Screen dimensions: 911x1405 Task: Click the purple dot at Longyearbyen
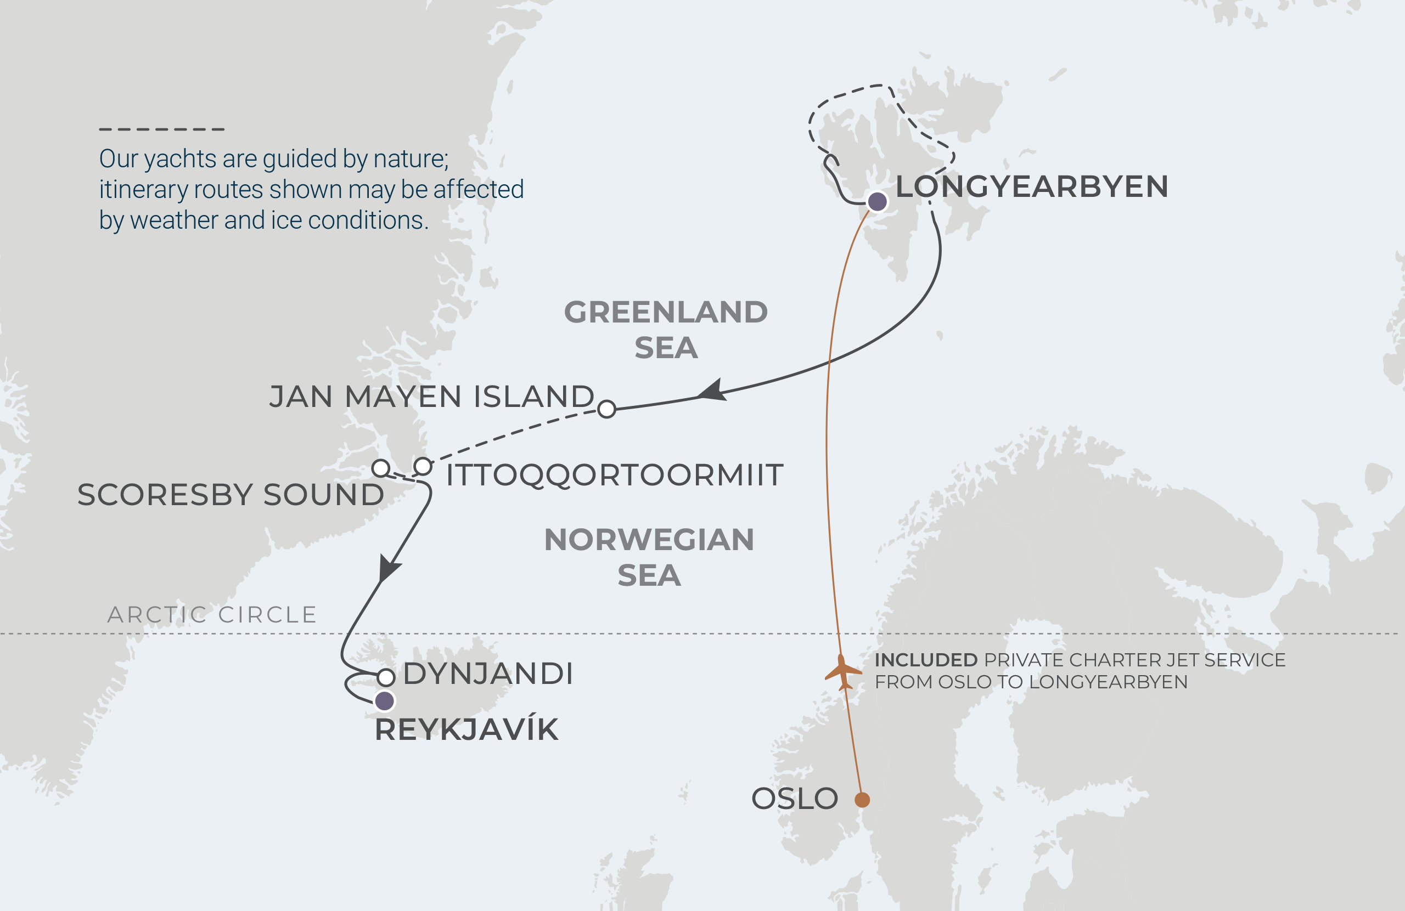click(877, 202)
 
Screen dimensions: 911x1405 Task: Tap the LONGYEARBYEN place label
click(1031, 186)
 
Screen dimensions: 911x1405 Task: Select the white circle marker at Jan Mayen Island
click(607, 409)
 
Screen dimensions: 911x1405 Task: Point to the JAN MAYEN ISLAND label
click(431, 396)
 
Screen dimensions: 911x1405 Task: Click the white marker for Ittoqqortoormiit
click(423, 466)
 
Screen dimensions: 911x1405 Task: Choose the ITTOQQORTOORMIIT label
click(614, 475)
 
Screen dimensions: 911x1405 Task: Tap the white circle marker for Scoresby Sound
click(381, 468)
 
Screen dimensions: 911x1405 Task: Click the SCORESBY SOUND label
click(231, 495)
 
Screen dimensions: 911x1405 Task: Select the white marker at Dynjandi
click(386, 677)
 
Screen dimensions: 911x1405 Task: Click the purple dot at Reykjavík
click(384, 701)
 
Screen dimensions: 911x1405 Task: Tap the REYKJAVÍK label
click(467, 730)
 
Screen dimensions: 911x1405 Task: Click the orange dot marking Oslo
click(862, 800)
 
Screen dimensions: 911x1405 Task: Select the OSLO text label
click(795, 799)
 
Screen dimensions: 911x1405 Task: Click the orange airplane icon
click(842, 672)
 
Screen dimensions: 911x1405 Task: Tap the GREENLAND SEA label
click(666, 329)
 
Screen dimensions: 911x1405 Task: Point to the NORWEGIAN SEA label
click(649, 557)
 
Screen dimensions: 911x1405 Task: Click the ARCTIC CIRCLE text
click(212, 615)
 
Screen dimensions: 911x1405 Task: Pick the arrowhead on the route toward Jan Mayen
click(712, 391)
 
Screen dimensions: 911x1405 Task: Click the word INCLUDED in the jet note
click(926, 660)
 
